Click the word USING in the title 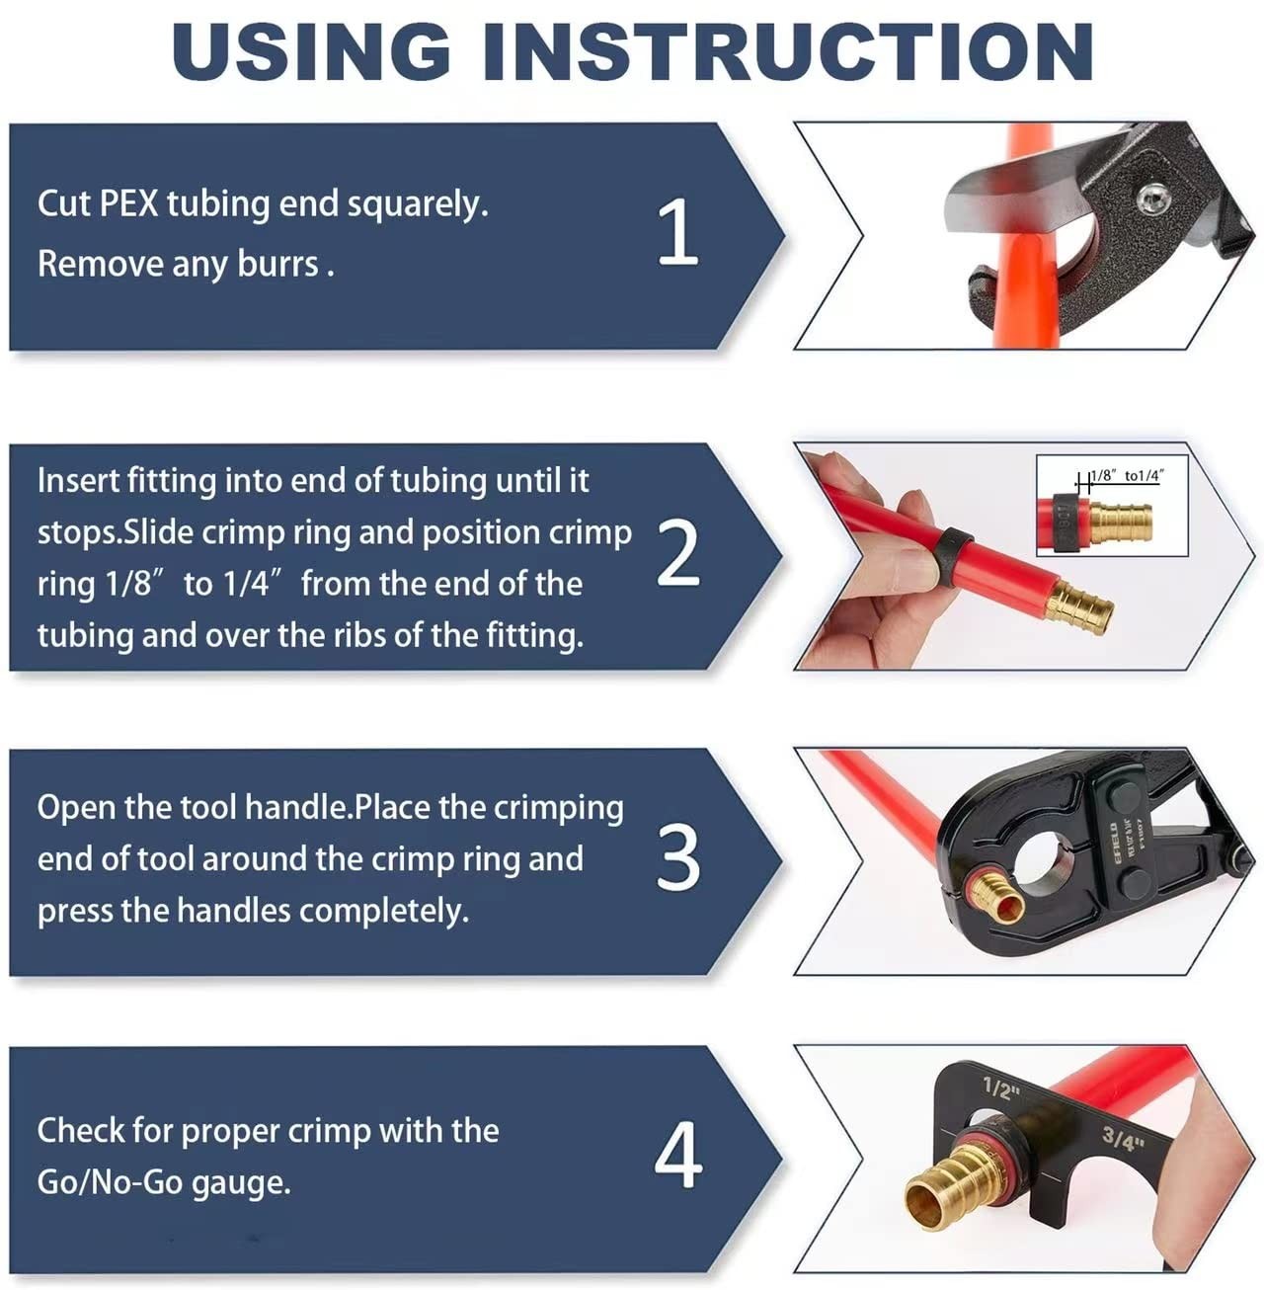[311, 51]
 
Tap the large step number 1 [677, 232]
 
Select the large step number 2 [677, 554]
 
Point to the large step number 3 [677, 858]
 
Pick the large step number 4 [677, 1155]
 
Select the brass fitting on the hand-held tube [1080, 604]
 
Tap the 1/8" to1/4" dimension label [1126, 476]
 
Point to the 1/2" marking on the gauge [1000, 1089]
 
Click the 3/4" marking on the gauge [1123, 1138]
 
